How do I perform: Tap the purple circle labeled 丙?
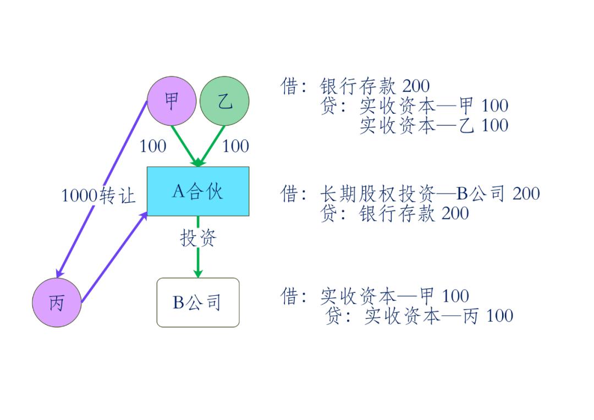point(57,302)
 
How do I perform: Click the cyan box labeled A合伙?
point(198,191)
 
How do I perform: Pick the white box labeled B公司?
point(198,302)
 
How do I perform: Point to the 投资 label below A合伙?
point(198,238)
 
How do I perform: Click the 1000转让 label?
point(98,195)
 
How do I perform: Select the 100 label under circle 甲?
point(153,146)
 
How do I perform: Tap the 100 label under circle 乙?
point(235,146)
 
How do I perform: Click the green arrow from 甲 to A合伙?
point(184,145)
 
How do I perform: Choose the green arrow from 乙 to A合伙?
point(212,145)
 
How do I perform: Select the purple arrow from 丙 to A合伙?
point(114,257)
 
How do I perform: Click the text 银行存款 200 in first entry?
point(375,86)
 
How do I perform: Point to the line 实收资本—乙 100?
point(434,125)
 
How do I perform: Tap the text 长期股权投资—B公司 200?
point(430,194)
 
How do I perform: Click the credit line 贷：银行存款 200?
point(394,213)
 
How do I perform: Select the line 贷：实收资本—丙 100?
point(419,316)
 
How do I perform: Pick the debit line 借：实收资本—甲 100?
point(375,296)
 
